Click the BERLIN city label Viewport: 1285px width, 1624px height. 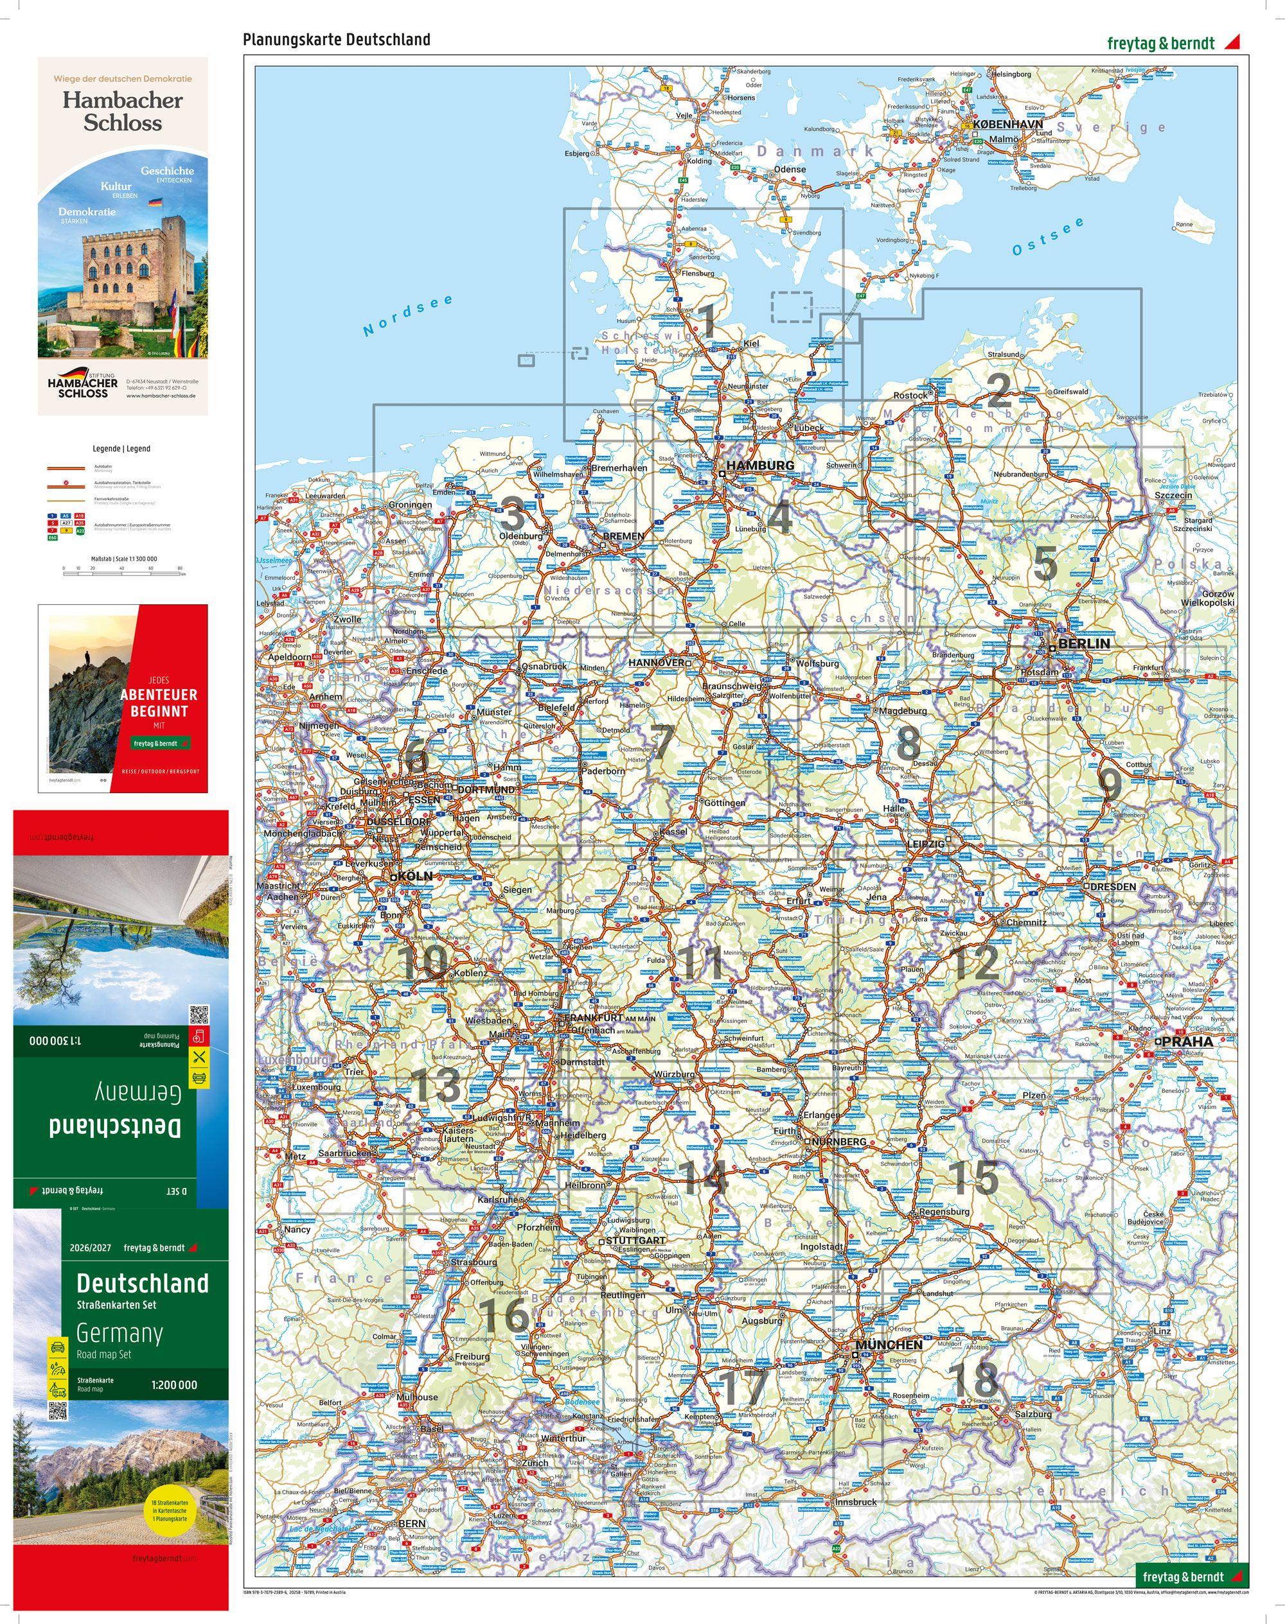tap(1083, 643)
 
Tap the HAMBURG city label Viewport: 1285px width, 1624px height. tap(760, 466)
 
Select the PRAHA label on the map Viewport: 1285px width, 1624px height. tap(1187, 1042)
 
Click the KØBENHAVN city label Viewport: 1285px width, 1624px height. tap(1007, 124)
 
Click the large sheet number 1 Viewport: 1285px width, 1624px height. tap(707, 321)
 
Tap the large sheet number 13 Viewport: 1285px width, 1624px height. tap(437, 1086)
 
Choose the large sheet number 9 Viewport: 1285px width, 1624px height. tap(1110, 785)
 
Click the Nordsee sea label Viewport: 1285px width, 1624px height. tap(409, 315)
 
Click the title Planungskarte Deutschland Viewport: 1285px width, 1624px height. tap(336, 40)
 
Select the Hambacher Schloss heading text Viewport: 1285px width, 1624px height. tap(123, 110)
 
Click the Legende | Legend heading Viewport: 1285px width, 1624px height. tap(122, 448)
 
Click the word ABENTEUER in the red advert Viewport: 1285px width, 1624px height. tap(159, 695)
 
